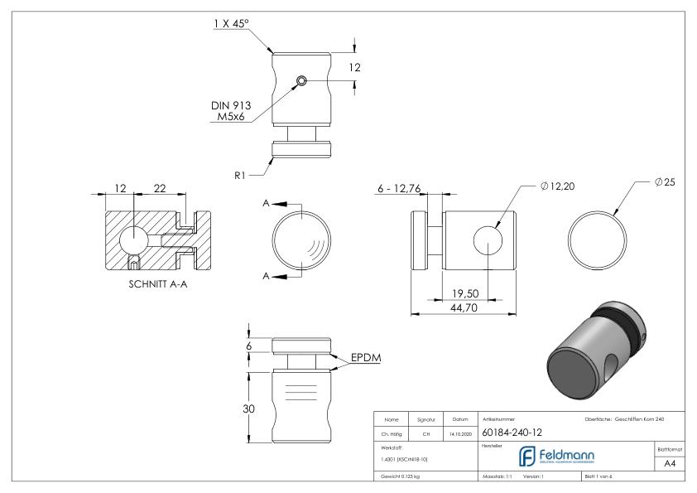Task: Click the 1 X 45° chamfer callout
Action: [x=231, y=24]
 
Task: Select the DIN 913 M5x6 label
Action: [x=231, y=111]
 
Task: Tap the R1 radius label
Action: [x=240, y=176]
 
